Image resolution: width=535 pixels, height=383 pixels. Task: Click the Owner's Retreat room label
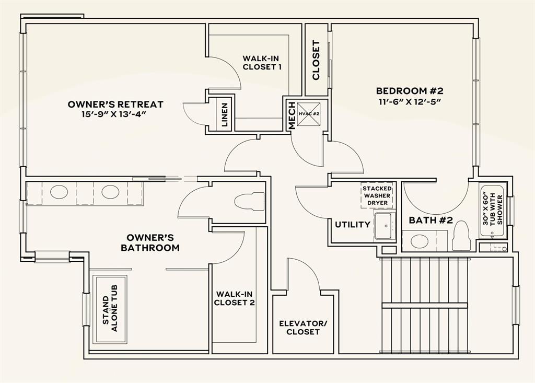click(115, 105)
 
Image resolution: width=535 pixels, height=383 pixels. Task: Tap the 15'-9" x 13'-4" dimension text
click(115, 114)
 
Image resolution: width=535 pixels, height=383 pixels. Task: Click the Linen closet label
click(225, 115)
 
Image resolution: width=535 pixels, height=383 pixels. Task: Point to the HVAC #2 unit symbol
click(309, 113)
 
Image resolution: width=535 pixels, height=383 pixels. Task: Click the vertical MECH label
click(292, 115)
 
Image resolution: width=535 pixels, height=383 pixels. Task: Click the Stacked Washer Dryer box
click(377, 195)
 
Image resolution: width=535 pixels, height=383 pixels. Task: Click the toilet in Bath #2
click(461, 236)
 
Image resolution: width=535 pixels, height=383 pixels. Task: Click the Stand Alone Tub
click(110, 309)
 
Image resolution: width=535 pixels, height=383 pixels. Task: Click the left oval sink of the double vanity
click(58, 192)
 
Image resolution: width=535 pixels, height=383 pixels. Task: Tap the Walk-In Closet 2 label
click(235, 298)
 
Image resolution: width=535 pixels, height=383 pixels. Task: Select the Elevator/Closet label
click(303, 328)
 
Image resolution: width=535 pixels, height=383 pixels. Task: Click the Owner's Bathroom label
click(150, 242)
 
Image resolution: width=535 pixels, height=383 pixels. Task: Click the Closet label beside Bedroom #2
click(316, 60)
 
